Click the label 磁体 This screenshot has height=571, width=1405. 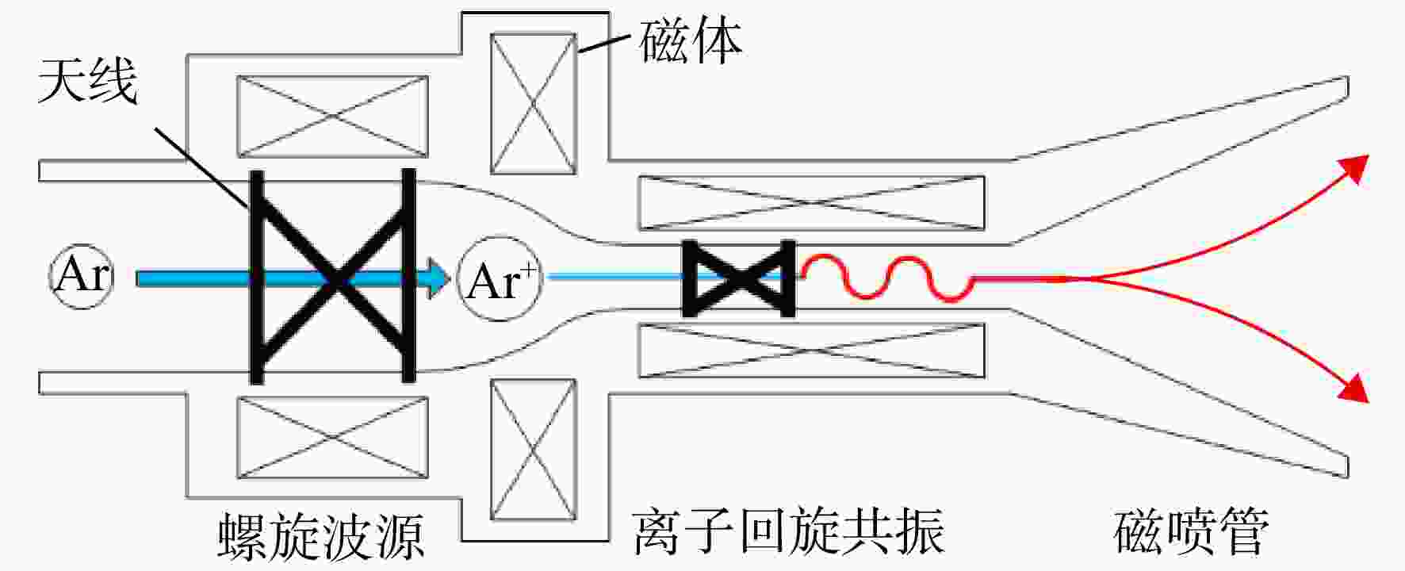691,41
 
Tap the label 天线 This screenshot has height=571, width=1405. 88,80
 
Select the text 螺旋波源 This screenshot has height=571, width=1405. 321,536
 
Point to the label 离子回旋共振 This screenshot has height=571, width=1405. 789,531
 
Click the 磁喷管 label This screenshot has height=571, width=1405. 1191,531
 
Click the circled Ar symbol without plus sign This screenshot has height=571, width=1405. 82,277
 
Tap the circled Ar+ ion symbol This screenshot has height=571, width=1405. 500,279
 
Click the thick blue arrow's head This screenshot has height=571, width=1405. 435,278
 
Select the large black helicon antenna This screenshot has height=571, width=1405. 332,276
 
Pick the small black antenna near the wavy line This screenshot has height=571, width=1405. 739,278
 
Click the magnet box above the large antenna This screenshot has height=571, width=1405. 332,117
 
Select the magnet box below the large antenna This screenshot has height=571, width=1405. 332,437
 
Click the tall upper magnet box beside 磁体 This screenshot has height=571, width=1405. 534,103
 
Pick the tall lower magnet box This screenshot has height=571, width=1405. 534,450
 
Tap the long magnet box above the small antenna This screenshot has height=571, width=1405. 812,203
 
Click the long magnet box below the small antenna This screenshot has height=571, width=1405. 812,351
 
